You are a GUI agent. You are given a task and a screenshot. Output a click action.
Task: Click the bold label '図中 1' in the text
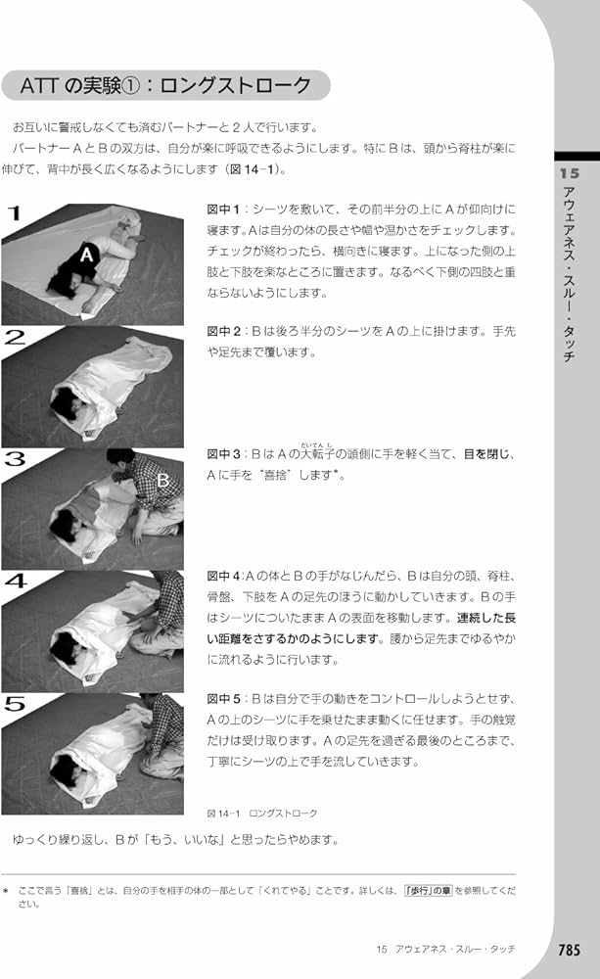pyautogui.click(x=226, y=210)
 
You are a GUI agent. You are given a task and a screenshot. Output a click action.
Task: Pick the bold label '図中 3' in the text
pyautogui.click(x=226, y=455)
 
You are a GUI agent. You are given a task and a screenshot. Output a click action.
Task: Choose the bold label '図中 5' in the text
pyautogui.click(x=226, y=699)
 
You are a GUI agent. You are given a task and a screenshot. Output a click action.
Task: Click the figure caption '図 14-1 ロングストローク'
pyautogui.click(x=262, y=814)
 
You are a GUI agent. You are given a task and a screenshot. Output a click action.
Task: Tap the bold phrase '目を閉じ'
pyautogui.click(x=490, y=455)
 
